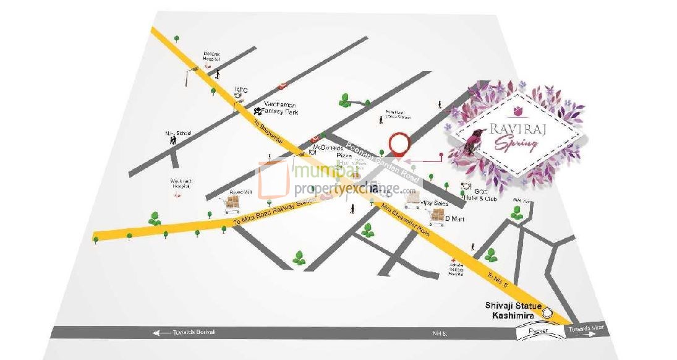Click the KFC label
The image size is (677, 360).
pos(241,90)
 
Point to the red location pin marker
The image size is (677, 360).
pos(399,144)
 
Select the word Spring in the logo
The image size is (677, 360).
pos(514,145)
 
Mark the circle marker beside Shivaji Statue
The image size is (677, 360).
pos(547,313)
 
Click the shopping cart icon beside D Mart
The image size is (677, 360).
pos(437,216)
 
